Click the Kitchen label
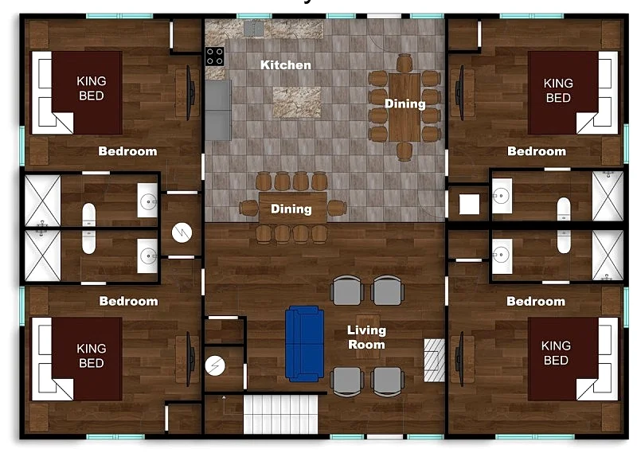pyautogui.click(x=286, y=65)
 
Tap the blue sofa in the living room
pyautogui.click(x=304, y=344)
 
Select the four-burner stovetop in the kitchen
pyautogui.click(x=214, y=57)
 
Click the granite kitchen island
pyautogui.click(x=296, y=102)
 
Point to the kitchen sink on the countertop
pyautogui.click(x=253, y=29)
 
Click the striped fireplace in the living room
pyautogui.click(x=434, y=361)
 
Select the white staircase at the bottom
pyautogui.click(x=281, y=415)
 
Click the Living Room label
pyautogui.click(x=366, y=338)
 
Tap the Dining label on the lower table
pyautogui.click(x=291, y=209)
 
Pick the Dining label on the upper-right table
pyautogui.click(x=405, y=104)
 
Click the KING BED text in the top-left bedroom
pyautogui.click(x=92, y=88)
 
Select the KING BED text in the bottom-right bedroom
pyautogui.click(x=556, y=353)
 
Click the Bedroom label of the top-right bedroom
pyautogui.click(x=537, y=151)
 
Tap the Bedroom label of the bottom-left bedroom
pyautogui.click(x=128, y=301)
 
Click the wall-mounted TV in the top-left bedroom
pyautogui.click(x=190, y=93)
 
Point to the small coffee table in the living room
pyautogui.click(x=368, y=337)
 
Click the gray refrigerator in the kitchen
pyautogui.click(x=218, y=110)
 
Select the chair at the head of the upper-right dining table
pyautogui.click(x=404, y=63)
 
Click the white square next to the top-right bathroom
pyautogui.click(x=469, y=204)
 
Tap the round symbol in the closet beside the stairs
pyautogui.click(x=215, y=365)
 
